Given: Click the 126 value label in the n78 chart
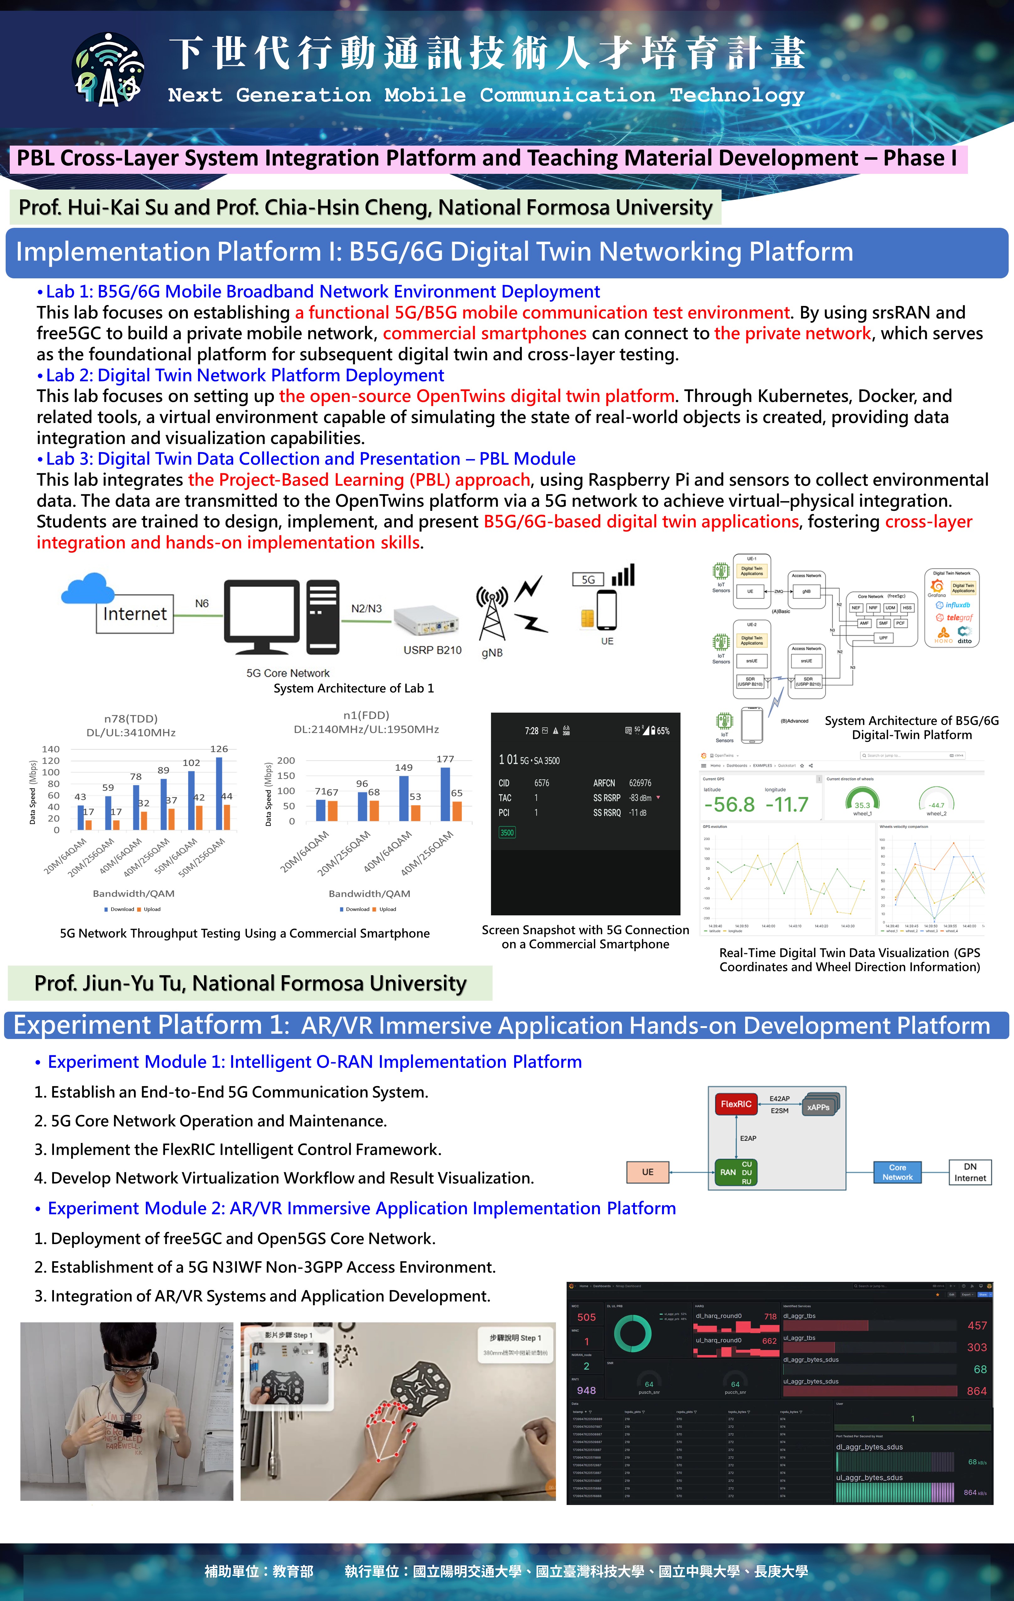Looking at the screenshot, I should (219, 749).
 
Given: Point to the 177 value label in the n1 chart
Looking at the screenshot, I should (445, 759).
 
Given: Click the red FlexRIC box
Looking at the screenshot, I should (736, 1104).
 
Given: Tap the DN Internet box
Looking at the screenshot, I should (970, 1172).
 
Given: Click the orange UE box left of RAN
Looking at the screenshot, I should (648, 1172).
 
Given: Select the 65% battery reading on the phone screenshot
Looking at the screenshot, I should (663, 731).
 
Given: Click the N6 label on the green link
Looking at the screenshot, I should (201, 604).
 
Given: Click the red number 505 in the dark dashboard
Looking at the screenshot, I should (586, 1317).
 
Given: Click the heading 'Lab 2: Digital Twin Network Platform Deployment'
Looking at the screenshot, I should (245, 376).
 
